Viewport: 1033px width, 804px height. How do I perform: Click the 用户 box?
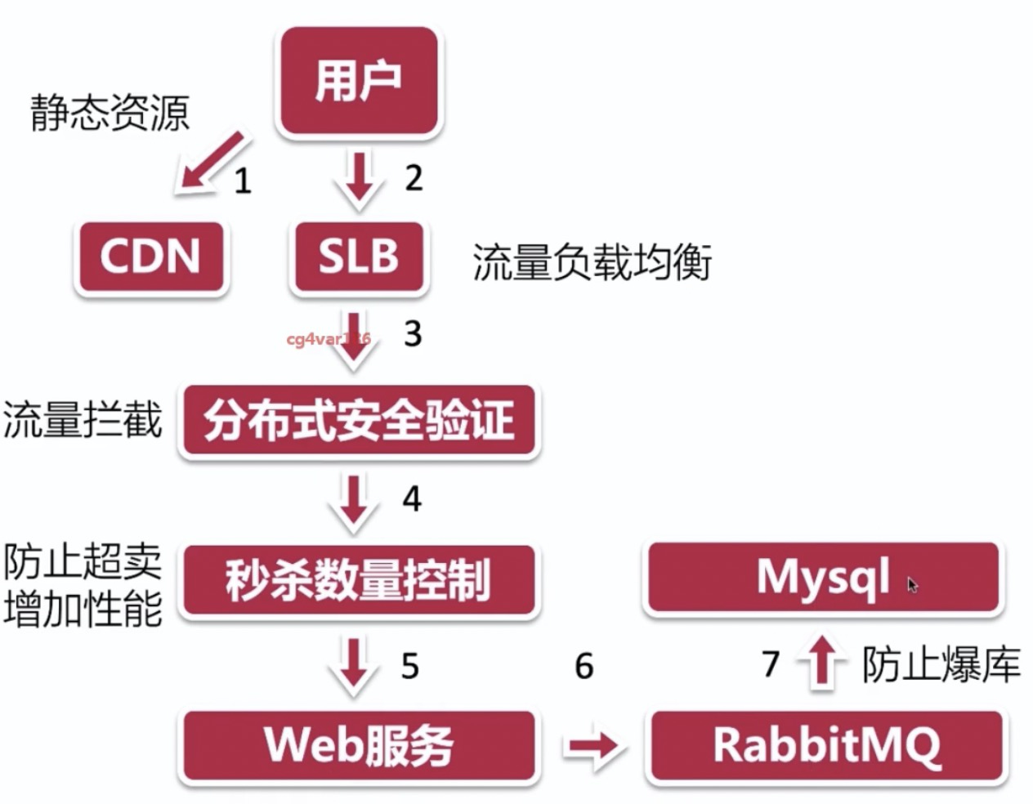tap(358, 81)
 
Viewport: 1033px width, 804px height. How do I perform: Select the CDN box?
tap(150, 256)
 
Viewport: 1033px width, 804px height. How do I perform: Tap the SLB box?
tap(358, 256)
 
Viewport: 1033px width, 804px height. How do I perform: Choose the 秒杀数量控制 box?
tap(358, 579)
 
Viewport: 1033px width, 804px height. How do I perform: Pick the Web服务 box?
tap(358, 745)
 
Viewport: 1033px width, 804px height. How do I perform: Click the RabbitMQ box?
tap(825, 745)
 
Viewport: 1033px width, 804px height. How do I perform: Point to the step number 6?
tap(584, 666)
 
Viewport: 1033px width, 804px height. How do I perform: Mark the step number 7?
tap(771, 663)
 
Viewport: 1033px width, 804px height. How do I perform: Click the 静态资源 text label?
tap(110, 112)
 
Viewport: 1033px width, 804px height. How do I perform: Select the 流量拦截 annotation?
tap(82, 419)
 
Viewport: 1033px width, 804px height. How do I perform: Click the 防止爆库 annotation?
tap(941, 664)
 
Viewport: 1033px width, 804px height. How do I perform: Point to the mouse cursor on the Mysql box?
tap(912, 584)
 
